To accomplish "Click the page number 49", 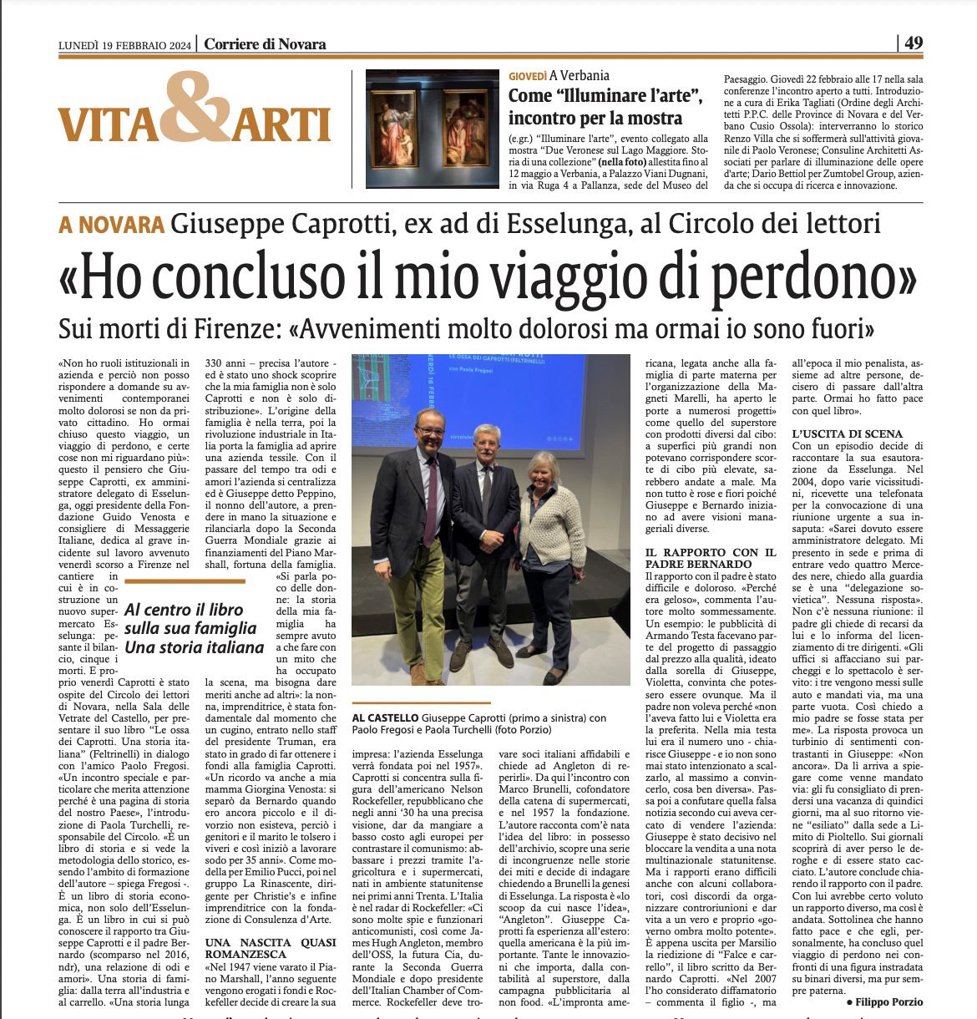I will click(914, 43).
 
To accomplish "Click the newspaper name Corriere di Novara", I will click(265, 44).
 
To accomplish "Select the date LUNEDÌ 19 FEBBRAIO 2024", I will click(124, 45).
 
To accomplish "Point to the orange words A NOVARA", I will click(111, 225).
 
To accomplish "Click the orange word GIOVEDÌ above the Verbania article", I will click(527, 76).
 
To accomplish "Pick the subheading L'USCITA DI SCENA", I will click(847, 433).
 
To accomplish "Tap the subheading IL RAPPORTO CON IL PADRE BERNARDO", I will click(712, 558).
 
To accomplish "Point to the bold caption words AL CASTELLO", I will click(385, 717).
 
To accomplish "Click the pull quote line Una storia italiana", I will click(194, 647).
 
